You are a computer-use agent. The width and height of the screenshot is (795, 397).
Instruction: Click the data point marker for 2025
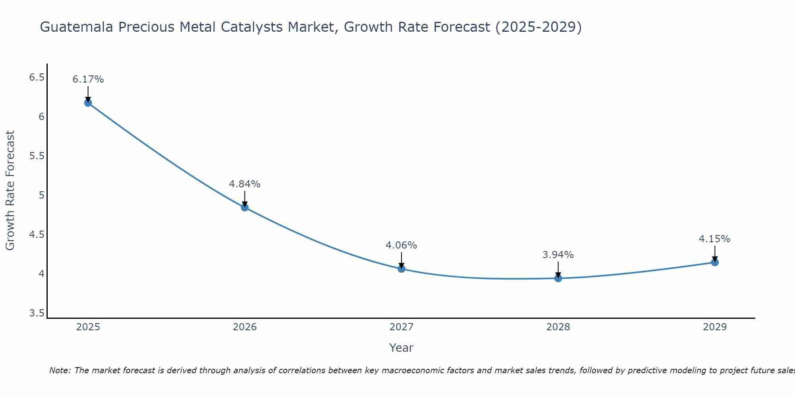[x=88, y=103]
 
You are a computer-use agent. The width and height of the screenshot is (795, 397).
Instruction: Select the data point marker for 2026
[x=244, y=207]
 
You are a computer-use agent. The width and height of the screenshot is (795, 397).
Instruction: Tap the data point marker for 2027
[x=401, y=269]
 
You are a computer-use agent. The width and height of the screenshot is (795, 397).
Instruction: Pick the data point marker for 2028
[x=558, y=278]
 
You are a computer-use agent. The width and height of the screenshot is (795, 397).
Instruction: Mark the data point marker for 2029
[x=714, y=262]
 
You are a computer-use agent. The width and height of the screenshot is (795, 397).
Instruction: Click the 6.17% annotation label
[x=88, y=79]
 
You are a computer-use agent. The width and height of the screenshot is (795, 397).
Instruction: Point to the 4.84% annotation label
[x=244, y=184]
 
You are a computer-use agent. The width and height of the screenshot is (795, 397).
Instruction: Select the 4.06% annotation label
[x=401, y=245]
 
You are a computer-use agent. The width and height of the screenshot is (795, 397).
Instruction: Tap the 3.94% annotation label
[x=558, y=255]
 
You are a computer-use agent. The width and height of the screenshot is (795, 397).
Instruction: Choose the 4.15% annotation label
[x=714, y=239]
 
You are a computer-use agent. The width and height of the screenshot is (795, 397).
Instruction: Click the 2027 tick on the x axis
[x=401, y=327]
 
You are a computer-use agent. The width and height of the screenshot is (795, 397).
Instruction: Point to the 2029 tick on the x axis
[x=714, y=327]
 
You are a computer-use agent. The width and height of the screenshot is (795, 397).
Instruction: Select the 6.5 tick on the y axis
[x=37, y=77]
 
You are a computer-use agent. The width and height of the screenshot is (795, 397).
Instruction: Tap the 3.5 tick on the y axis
[x=37, y=314]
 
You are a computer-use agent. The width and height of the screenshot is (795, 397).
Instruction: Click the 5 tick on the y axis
[x=41, y=195]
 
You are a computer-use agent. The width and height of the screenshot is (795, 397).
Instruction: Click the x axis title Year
[x=401, y=348]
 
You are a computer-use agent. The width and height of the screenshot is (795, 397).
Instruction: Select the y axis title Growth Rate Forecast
[x=10, y=191]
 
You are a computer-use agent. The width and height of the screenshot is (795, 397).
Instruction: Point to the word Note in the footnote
[x=60, y=370]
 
